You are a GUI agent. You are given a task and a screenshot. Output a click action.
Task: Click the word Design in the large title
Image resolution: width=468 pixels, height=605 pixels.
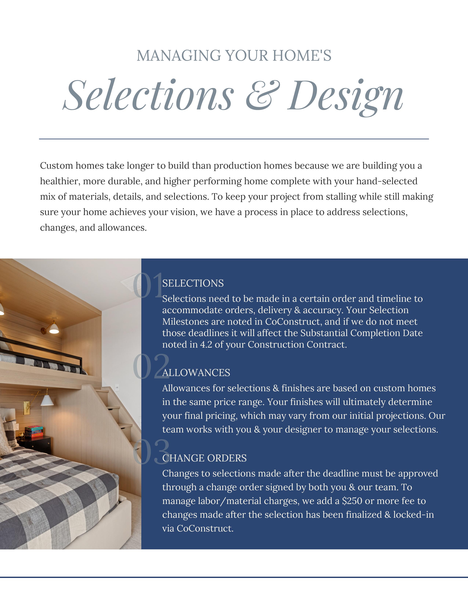point(345,96)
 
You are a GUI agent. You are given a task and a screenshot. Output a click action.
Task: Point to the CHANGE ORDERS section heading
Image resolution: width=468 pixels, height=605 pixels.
point(204,458)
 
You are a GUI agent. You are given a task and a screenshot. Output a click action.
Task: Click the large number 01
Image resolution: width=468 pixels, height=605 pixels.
point(148,285)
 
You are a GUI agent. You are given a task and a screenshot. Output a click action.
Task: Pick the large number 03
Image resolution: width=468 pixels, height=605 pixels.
point(150,452)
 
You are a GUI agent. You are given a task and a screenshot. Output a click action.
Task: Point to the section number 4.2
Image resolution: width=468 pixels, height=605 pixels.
point(206,345)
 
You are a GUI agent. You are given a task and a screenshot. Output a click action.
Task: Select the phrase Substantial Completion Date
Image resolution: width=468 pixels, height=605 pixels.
point(362,333)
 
